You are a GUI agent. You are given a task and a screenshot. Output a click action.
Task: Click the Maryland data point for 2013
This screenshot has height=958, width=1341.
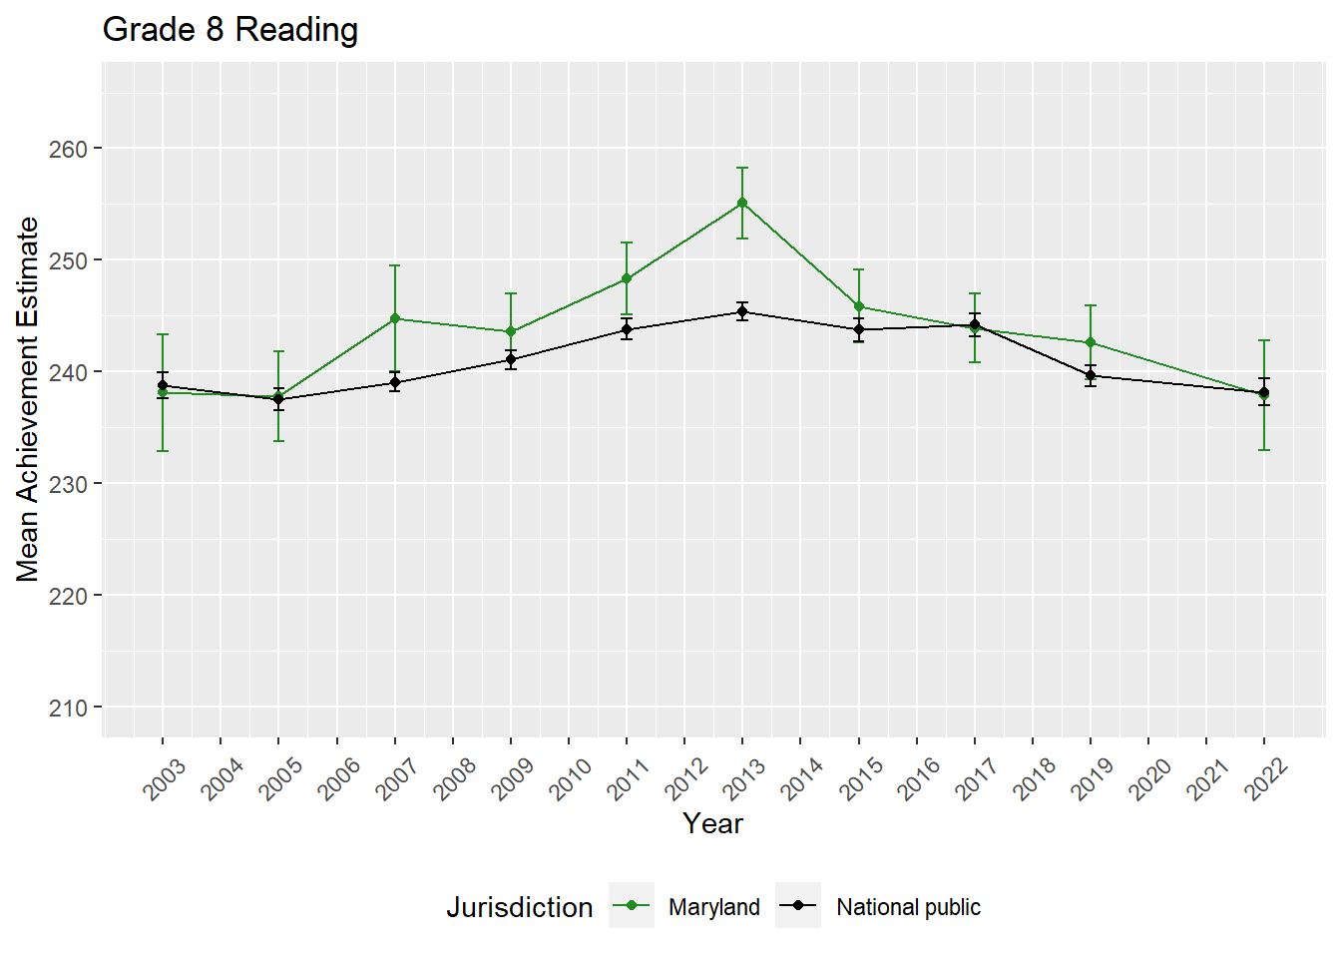[742, 203]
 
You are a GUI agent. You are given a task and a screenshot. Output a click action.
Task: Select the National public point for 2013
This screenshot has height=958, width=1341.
[742, 312]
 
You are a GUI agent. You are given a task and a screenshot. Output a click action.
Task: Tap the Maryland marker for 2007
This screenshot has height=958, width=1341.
[395, 318]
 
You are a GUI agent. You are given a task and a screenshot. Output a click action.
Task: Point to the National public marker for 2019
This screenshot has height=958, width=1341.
[1091, 375]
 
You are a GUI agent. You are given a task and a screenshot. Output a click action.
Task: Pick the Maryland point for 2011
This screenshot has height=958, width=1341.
[627, 278]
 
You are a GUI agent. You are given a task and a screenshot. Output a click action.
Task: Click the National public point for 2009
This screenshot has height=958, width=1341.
[511, 359]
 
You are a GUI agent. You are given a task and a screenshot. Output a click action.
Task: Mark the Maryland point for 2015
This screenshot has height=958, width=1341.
[859, 306]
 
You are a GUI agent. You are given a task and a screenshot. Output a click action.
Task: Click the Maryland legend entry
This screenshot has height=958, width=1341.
[713, 907]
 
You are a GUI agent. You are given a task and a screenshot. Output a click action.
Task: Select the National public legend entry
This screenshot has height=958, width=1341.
[908, 907]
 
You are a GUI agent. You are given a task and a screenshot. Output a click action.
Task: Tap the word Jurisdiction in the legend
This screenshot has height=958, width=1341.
[519, 907]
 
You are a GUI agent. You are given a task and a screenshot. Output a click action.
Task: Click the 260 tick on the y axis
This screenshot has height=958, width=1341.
[68, 149]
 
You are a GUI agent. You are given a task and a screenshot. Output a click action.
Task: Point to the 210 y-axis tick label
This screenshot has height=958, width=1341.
[68, 708]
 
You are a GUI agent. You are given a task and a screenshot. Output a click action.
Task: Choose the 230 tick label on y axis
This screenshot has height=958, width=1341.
[68, 484]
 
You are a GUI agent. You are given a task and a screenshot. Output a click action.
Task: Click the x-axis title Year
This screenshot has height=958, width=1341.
[712, 823]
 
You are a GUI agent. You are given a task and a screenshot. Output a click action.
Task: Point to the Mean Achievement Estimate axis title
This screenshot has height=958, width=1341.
[28, 399]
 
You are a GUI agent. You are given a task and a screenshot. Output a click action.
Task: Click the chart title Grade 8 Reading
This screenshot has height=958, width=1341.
[230, 30]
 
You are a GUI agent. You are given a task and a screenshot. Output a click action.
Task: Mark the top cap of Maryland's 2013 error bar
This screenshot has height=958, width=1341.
[742, 168]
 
